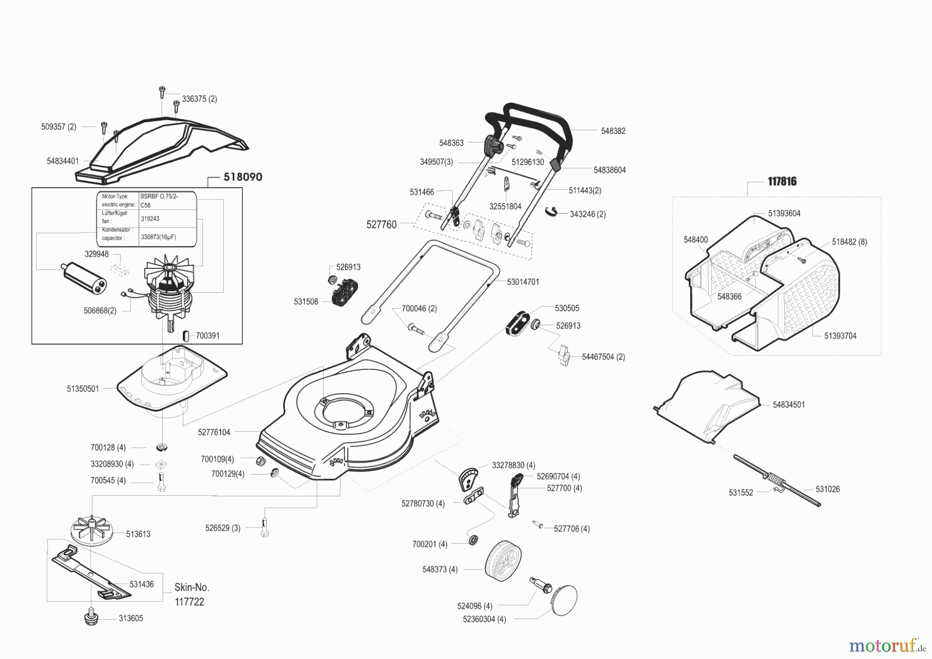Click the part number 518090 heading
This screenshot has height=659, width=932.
tap(243, 177)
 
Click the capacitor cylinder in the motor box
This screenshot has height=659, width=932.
tap(83, 278)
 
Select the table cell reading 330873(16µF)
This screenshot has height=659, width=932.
tap(158, 237)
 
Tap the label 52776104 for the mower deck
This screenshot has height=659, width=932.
tap(214, 432)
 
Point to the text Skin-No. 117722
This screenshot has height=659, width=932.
tap(191, 594)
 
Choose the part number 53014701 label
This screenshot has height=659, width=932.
tap(523, 282)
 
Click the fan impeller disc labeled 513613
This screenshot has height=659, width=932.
tap(91, 530)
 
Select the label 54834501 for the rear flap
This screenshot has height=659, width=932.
tap(789, 405)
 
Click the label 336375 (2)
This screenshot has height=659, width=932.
tap(199, 99)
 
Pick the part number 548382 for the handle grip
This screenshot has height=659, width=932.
tap(613, 131)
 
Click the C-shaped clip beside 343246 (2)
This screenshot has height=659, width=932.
tap(553, 210)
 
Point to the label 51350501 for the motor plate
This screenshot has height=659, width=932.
tap(83, 389)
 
